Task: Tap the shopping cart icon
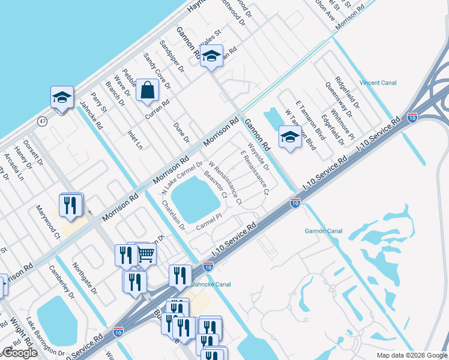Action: (146, 254)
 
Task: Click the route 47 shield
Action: (43, 121)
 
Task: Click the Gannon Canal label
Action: (324, 230)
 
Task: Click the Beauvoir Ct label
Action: (215, 185)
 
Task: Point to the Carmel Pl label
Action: (209, 225)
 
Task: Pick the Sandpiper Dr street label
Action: (172, 57)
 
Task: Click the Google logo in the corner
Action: (20, 353)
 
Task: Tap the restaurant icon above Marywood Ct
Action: (71, 205)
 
